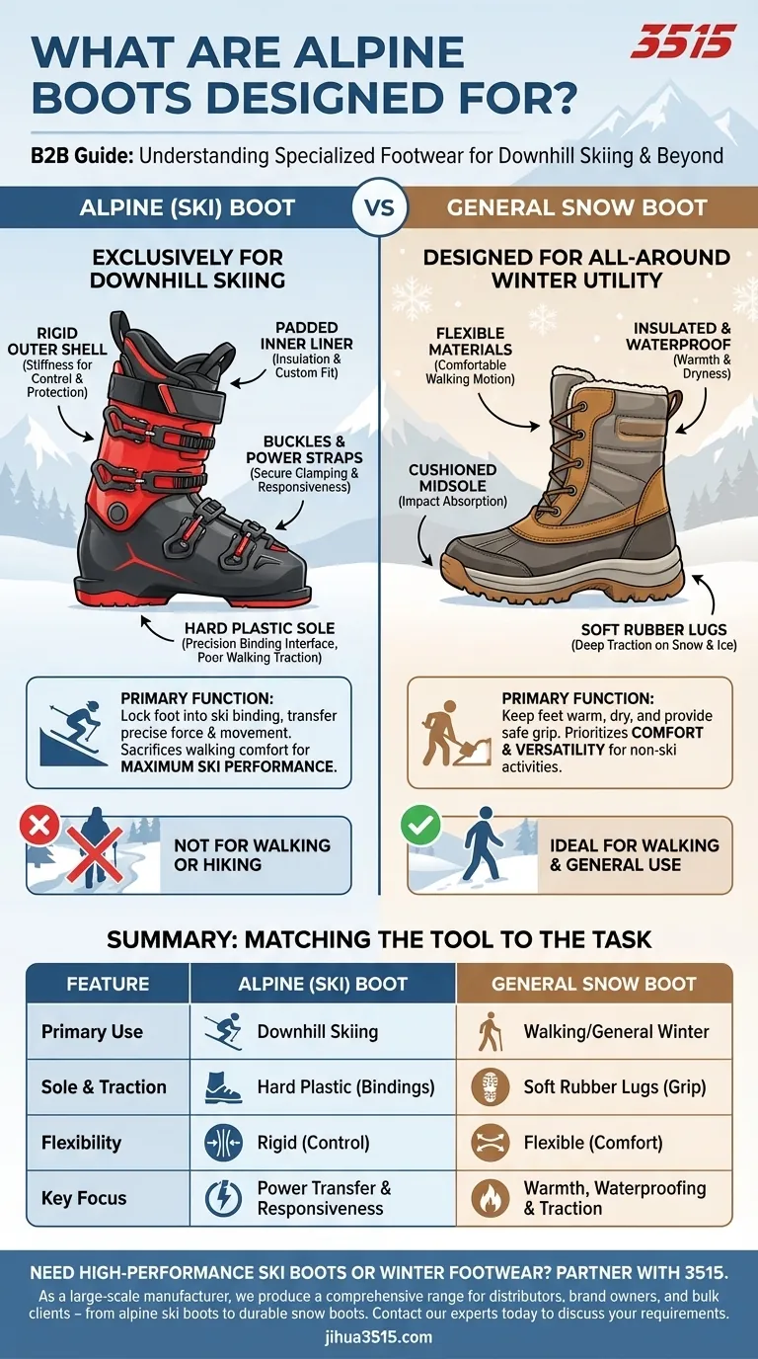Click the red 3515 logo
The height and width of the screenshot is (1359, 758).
point(683,41)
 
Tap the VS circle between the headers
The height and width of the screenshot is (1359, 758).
point(379,207)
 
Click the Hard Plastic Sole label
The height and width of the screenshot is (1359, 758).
point(260,636)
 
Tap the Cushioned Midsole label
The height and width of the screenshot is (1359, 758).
point(453,484)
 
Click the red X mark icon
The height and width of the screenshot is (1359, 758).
point(39,827)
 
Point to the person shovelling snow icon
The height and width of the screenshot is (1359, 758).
point(450,732)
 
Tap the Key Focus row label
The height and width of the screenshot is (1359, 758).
point(84,1198)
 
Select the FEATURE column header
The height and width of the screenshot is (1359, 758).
point(108,984)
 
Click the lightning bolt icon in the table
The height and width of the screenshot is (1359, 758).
point(223,1199)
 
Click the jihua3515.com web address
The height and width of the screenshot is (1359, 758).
point(379,1337)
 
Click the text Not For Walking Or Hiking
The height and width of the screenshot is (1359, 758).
point(252,854)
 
